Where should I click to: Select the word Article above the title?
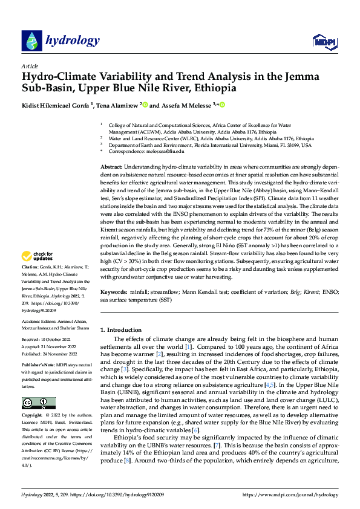[29, 65]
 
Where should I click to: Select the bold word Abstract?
[111, 166]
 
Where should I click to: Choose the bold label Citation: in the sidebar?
[30, 284]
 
